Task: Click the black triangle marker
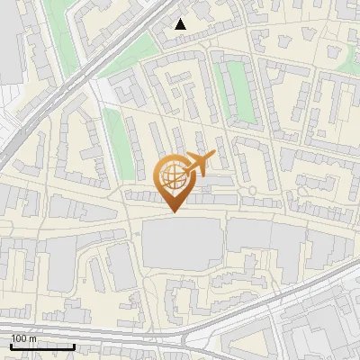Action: point(181,24)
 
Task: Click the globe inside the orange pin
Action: point(174,176)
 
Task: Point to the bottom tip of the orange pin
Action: point(174,212)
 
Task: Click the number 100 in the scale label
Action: point(19,338)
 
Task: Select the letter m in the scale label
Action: point(33,338)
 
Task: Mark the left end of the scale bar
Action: point(10,346)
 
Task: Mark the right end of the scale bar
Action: point(75,346)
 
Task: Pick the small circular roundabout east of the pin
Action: point(253,190)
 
